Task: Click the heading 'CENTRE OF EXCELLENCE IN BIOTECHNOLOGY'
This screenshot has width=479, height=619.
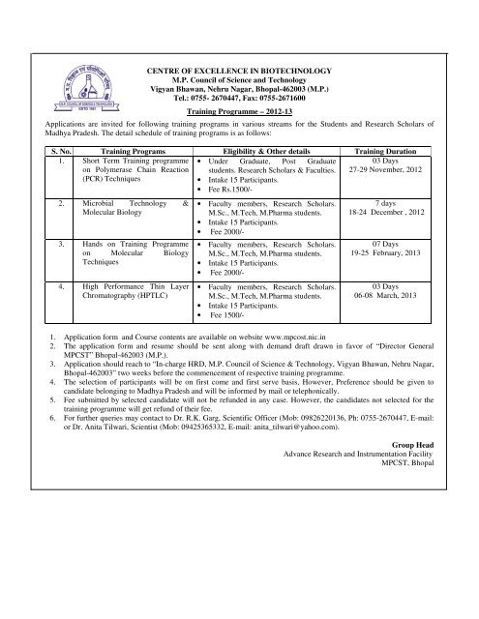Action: pos(238,73)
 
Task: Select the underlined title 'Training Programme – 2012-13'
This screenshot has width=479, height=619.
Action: pos(238,111)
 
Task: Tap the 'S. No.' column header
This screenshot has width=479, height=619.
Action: pos(39,152)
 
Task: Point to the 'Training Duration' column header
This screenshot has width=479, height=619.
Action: pos(394,152)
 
